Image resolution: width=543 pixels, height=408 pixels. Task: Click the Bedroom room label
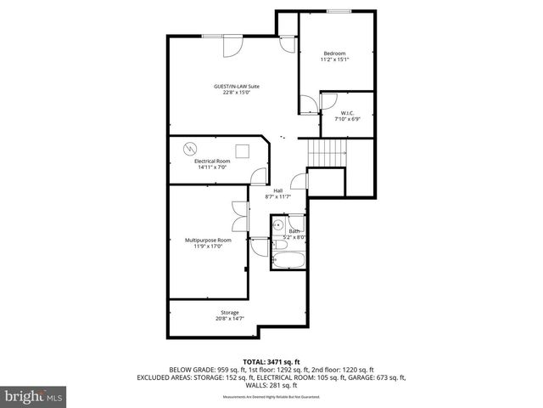pyautogui.click(x=334, y=54)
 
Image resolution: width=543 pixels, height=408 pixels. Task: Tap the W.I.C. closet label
pyautogui.click(x=348, y=113)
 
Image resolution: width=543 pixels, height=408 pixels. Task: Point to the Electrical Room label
pyautogui.click(x=212, y=161)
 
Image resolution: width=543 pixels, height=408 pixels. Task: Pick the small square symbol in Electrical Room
pyautogui.click(x=242, y=151)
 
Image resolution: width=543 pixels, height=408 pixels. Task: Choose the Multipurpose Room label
pyautogui.click(x=208, y=241)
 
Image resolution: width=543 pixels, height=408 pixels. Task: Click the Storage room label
pyautogui.click(x=218, y=312)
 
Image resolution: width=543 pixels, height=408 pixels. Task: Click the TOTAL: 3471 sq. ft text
pyautogui.click(x=272, y=361)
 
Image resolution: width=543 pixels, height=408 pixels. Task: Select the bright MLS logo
pyautogui.click(x=33, y=396)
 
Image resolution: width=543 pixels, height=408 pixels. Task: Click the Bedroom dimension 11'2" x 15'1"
pyautogui.click(x=334, y=59)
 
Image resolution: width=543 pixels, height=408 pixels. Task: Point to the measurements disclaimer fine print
pyautogui.click(x=272, y=397)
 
